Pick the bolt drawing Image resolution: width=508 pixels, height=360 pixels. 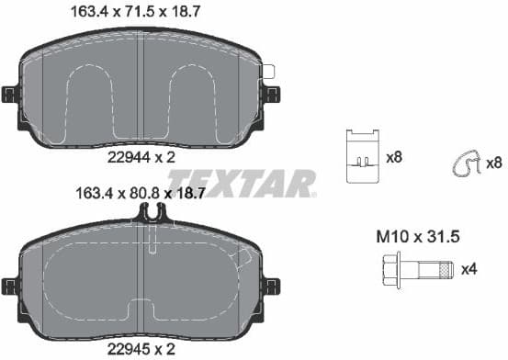414,270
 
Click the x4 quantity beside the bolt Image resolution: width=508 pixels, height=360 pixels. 468,269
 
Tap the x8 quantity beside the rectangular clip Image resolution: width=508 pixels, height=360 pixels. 394,157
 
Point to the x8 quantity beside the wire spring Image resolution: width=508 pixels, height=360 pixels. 494,163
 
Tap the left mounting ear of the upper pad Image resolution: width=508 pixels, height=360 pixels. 10,94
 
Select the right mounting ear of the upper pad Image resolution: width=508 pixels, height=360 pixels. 272,94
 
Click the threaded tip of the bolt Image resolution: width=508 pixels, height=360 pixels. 446,270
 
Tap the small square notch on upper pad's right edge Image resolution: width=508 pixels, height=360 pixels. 268,71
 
